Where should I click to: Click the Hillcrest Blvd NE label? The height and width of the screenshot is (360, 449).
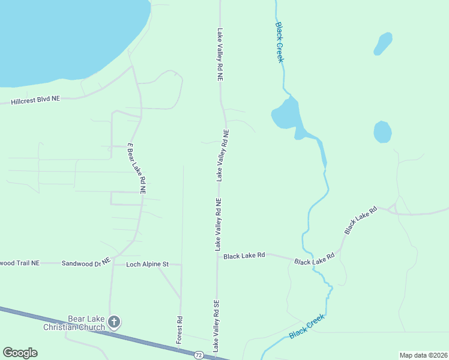tap(36, 100)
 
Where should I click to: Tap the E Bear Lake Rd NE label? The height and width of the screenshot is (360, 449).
tap(136, 169)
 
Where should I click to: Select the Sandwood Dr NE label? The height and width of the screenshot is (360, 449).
tap(86, 263)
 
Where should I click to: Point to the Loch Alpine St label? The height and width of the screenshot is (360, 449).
tap(148, 264)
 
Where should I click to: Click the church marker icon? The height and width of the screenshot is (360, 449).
tap(114, 323)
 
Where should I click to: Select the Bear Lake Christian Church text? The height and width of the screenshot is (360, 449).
tap(74, 323)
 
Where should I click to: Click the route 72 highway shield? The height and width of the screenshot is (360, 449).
tap(199, 355)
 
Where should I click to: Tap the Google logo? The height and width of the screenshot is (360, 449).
tap(20, 353)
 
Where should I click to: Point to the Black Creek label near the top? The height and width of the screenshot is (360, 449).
tap(280, 43)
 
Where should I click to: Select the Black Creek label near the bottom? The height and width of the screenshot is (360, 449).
tap(307, 326)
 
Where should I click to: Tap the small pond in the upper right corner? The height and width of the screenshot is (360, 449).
tap(383, 44)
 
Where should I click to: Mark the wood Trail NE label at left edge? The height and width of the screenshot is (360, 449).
tap(19, 263)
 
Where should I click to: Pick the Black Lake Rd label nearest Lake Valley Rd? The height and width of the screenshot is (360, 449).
tap(244, 256)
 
